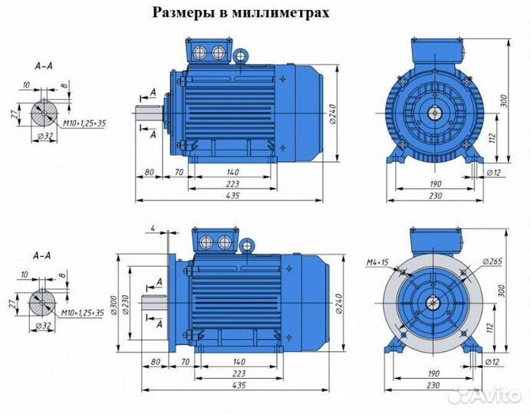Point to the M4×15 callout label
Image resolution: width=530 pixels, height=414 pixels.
click(378, 263)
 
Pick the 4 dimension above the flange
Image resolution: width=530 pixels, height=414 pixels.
click(153, 228)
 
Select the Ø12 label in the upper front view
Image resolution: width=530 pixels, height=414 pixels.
click(495, 174)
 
